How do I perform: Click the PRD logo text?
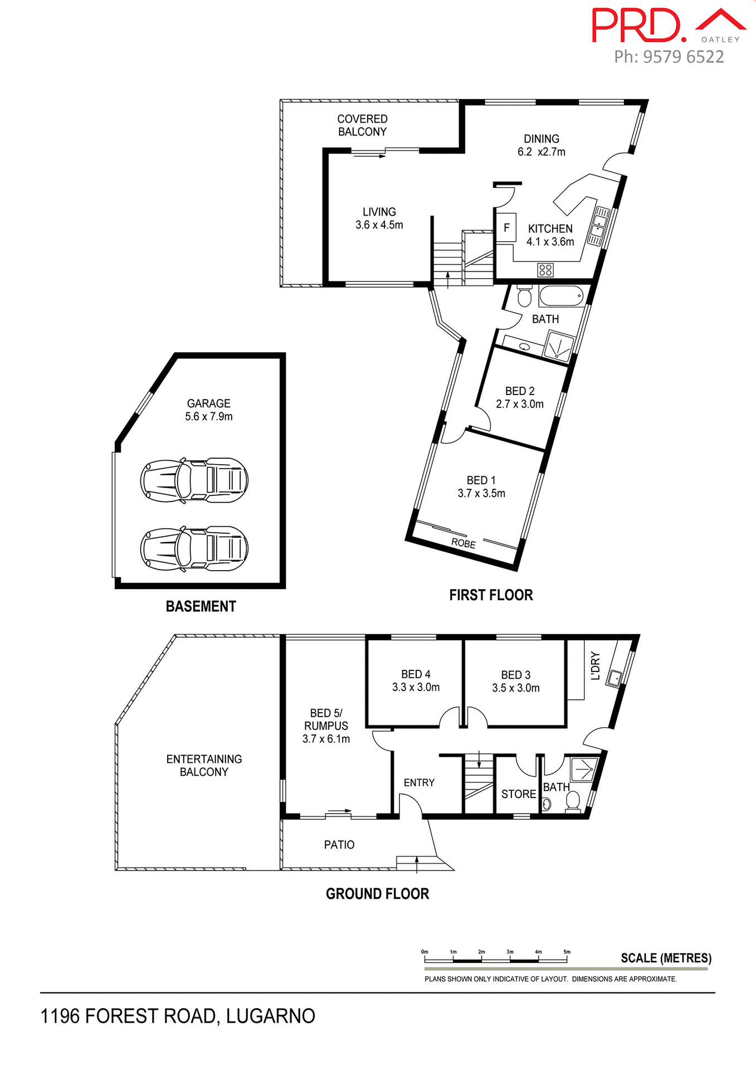(638, 26)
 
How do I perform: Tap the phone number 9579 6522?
(683, 57)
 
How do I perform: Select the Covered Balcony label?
(362, 125)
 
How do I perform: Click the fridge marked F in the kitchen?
(506, 227)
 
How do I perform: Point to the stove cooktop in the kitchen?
(545, 270)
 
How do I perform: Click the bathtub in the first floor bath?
(561, 296)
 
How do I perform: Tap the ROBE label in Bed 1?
(464, 543)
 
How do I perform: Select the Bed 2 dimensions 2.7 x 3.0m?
(520, 404)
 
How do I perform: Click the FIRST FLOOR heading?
(491, 595)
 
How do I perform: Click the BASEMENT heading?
(201, 606)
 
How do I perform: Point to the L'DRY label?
(595, 666)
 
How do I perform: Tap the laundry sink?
(614, 678)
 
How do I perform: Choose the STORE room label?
(518, 794)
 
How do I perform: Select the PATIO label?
(339, 845)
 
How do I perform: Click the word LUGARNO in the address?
(271, 1016)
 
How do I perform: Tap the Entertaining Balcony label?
(204, 765)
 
